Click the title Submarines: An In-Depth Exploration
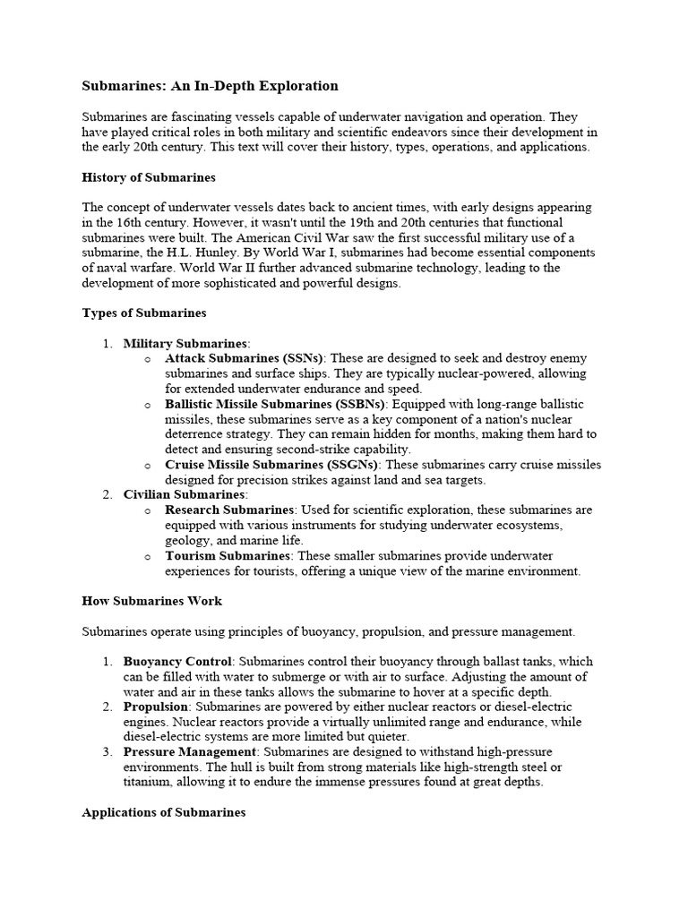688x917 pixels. pyautogui.click(x=210, y=86)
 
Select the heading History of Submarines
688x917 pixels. pyautogui.click(x=149, y=177)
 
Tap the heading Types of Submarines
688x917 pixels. pyautogui.click(x=144, y=313)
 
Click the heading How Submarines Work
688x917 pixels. pyautogui.click(x=151, y=600)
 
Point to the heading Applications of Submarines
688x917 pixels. pyautogui.click(x=163, y=812)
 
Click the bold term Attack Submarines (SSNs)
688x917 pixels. pyautogui.click(x=245, y=358)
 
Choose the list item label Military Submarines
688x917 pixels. pyautogui.click(x=185, y=343)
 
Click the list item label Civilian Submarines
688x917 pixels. pyautogui.click(x=184, y=494)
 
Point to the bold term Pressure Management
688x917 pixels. pyautogui.click(x=190, y=751)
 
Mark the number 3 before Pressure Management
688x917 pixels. pyautogui.click(x=107, y=751)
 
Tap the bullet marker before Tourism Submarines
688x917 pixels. pyautogui.click(x=148, y=557)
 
